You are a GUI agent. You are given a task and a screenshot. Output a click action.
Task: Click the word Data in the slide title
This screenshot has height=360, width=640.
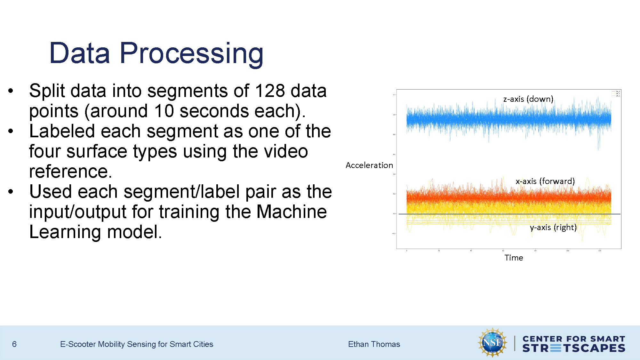tap(80, 53)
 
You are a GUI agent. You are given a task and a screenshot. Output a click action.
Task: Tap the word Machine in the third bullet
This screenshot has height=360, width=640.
tap(292, 212)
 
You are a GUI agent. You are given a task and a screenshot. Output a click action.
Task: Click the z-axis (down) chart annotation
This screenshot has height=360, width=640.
tap(528, 99)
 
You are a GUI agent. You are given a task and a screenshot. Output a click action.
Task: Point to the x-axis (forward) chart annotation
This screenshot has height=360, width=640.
tap(545, 181)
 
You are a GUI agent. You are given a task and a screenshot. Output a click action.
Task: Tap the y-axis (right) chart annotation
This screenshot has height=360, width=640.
tap(553, 227)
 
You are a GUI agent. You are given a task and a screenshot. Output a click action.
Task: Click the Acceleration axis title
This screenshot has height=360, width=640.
tap(369, 165)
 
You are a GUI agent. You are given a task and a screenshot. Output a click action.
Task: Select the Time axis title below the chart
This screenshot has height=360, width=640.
tap(514, 258)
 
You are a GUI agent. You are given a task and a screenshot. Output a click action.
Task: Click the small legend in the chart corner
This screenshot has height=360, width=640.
tap(616, 93)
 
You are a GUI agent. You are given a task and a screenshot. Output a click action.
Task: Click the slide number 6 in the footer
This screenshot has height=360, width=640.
tap(14, 344)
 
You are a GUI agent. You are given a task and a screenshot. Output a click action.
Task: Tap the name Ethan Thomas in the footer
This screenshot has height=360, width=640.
tap(374, 344)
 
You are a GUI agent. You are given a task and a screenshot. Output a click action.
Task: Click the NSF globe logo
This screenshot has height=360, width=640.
tap(492, 342)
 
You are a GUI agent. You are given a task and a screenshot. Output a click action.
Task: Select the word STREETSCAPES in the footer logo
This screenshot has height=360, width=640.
tap(573, 348)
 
